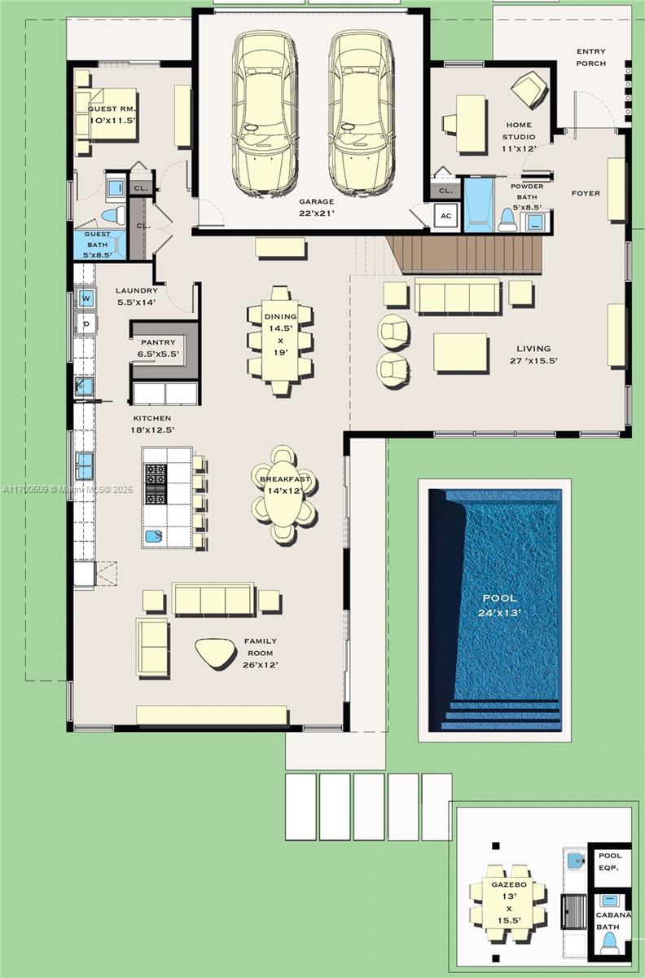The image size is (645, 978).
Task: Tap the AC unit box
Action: pyautogui.click(x=445, y=216)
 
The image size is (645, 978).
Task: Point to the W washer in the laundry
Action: pyautogui.click(x=85, y=297)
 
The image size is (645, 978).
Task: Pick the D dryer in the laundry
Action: pyautogui.click(x=85, y=324)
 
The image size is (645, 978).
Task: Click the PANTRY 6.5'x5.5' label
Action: pyautogui.click(x=159, y=349)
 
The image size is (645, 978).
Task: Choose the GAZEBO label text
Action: pyautogui.click(x=508, y=884)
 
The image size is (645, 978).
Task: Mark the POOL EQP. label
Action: pyautogui.click(x=609, y=861)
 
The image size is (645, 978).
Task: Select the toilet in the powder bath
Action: pyautogui.click(x=507, y=219)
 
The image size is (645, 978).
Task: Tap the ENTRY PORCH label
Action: pyautogui.click(x=590, y=57)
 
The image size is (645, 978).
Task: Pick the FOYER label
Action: pyautogui.click(x=585, y=193)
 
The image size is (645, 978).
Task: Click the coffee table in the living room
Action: pyautogui.click(x=460, y=352)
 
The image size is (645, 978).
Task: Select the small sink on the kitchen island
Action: pyautogui.click(x=153, y=536)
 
